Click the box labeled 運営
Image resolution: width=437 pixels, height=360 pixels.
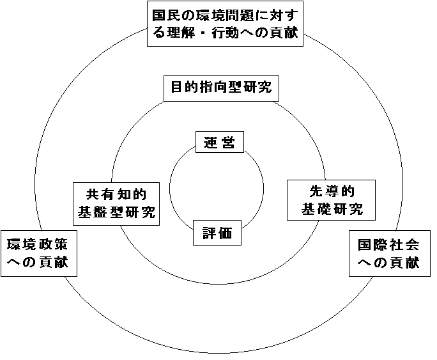(220, 142)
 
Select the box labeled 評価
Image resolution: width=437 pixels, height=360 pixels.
(217, 233)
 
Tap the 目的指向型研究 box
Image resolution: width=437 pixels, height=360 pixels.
(221, 88)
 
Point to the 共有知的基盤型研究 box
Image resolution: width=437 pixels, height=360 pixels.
(116, 204)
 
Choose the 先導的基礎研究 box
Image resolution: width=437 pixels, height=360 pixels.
(331, 200)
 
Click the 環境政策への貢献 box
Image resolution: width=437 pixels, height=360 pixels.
(39, 253)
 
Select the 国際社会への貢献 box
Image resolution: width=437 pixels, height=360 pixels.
(390, 253)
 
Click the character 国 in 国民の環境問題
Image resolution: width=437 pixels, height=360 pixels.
(159, 15)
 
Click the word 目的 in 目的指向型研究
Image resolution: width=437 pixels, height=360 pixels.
(185, 87)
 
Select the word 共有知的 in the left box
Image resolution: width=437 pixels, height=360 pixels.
(116, 194)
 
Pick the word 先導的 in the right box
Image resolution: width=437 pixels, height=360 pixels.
(332, 191)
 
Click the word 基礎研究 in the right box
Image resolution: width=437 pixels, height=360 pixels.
(332, 208)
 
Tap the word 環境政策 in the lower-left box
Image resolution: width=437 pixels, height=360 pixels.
(37, 244)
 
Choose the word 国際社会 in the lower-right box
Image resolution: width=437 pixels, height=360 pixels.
(388, 244)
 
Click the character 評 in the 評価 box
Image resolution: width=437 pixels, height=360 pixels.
(210, 233)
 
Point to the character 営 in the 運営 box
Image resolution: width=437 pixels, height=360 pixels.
(227, 143)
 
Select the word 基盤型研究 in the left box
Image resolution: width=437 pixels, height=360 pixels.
(116, 212)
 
